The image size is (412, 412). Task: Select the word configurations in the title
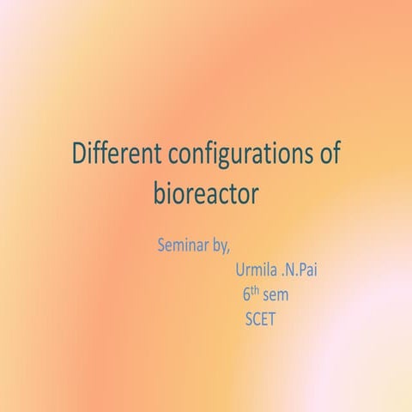click(x=231, y=155)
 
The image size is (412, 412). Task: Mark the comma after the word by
click(x=228, y=249)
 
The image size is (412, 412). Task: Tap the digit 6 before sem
click(x=246, y=297)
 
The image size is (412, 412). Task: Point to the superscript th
click(x=255, y=293)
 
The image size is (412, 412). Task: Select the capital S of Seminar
click(x=162, y=244)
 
